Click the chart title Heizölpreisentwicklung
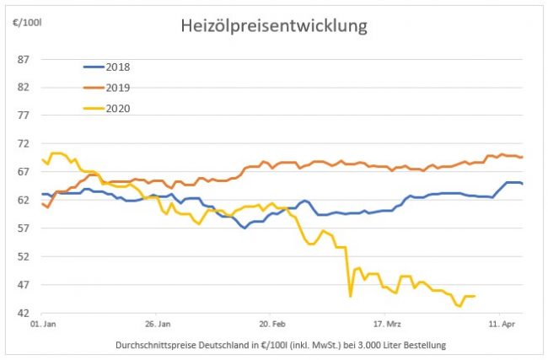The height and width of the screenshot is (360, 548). [274, 26]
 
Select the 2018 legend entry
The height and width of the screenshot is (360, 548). [118, 67]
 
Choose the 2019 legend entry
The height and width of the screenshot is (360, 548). [118, 87]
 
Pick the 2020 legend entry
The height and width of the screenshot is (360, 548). [118, 107]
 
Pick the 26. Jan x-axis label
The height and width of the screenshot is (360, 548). [158, 323]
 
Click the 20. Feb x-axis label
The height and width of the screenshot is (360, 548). [272, 323]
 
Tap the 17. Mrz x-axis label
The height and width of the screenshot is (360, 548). [387, 323]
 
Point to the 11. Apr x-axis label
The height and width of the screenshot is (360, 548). [502, 323]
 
